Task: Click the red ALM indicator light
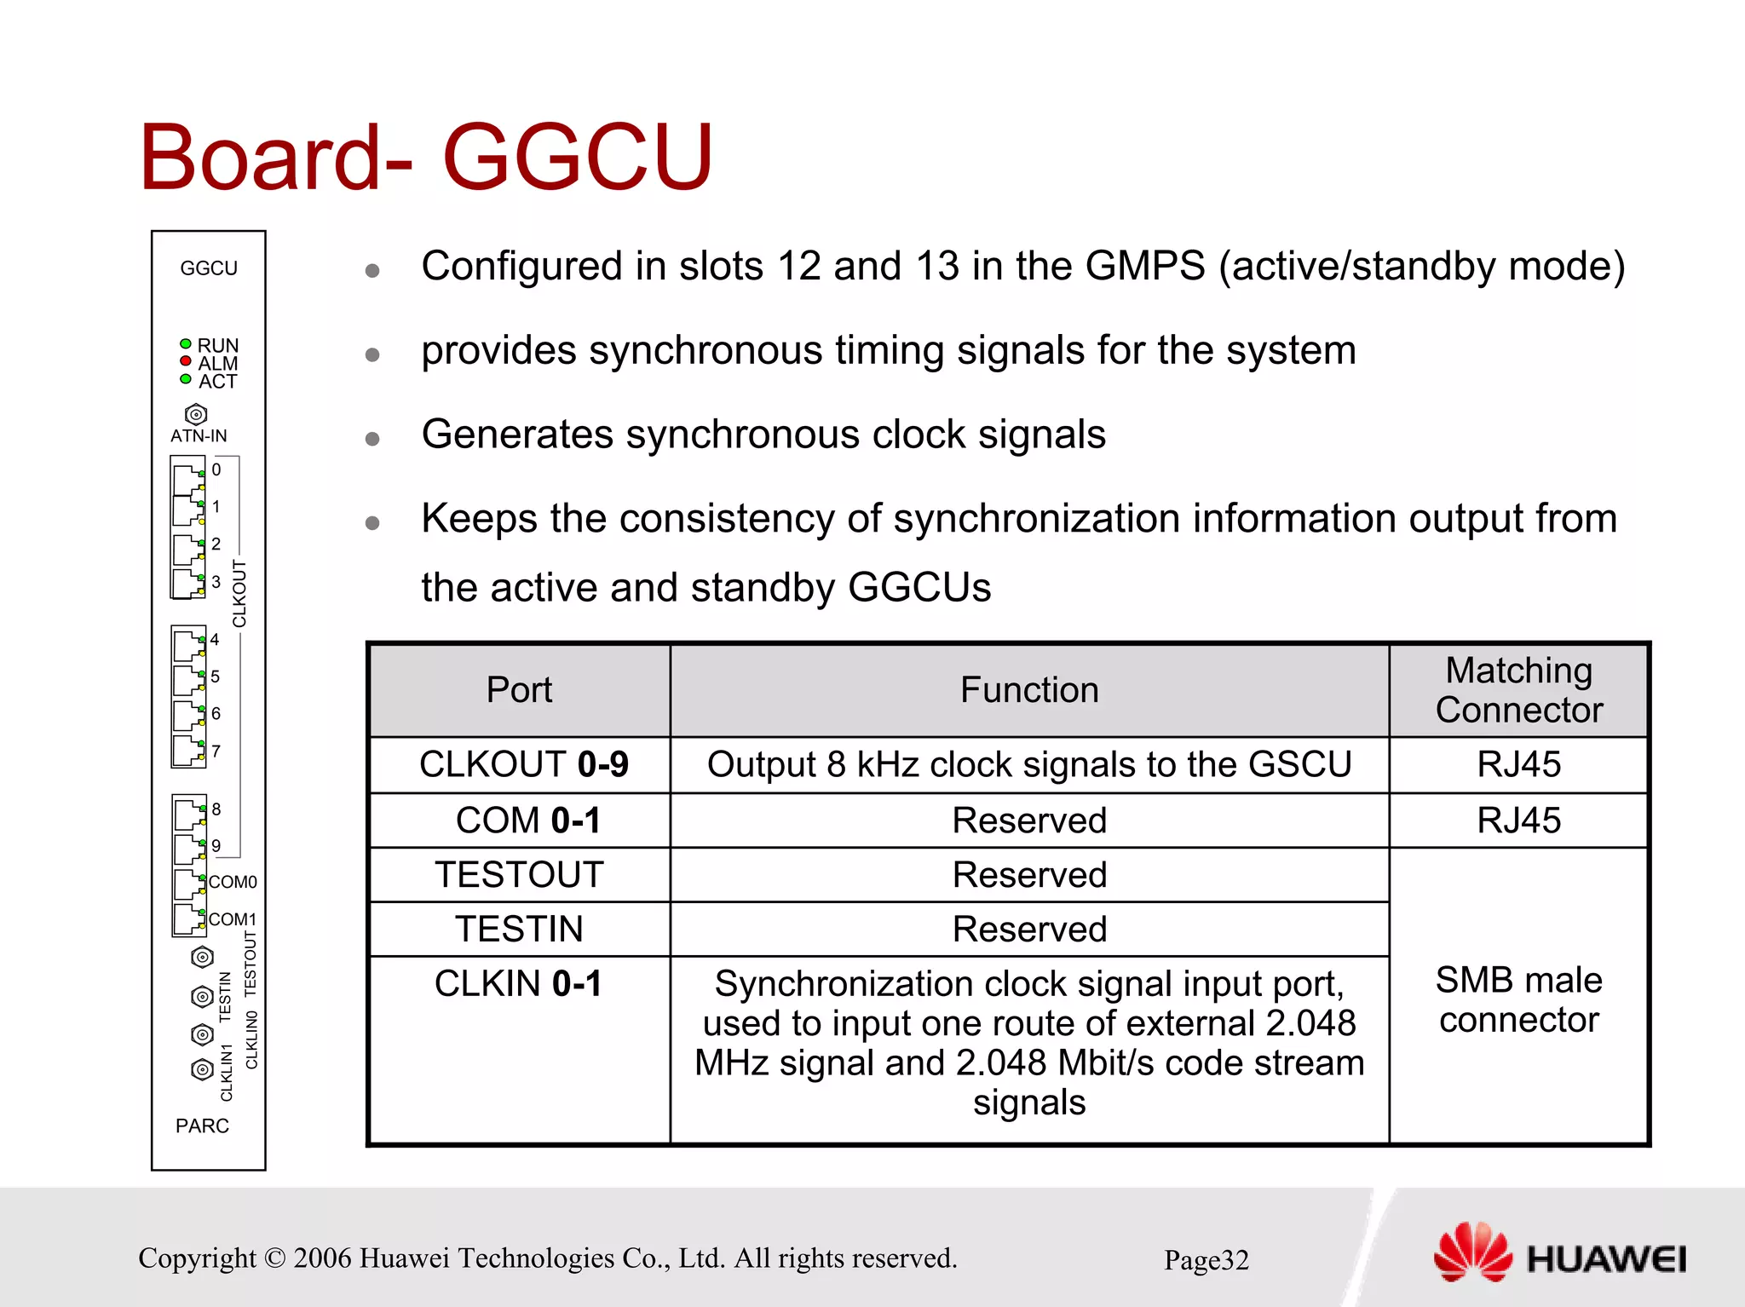pos(186,361)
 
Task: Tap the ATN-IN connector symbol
pos(196,415)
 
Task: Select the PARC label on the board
pos(202,1126)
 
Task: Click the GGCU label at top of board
pos(209,268)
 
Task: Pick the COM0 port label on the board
pos(233,882)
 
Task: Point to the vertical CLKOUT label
pos(239,594)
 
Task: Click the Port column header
pos(519,689)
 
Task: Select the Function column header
pos(1028,689)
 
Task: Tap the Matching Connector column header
pos(1518,689)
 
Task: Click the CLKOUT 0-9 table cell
pos(523,764)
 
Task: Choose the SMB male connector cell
pos(1518,999)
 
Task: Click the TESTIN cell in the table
pos(519,929)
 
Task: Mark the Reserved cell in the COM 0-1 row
pos(1028,820)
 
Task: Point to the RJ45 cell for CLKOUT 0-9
pos(1518,764)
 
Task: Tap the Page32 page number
pos(1206,1259)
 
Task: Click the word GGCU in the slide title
pos(577,158)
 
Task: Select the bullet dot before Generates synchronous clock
pos(372,439)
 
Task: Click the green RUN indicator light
pos(186,343)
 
